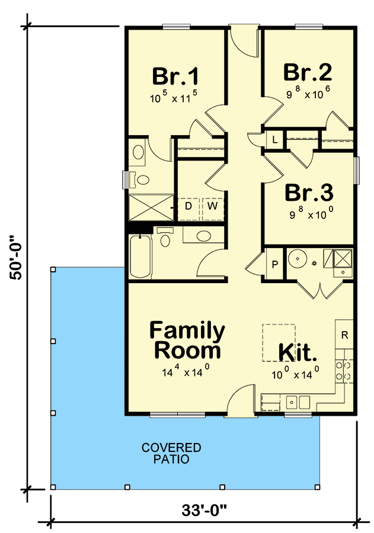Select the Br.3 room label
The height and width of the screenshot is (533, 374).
coord(308,193)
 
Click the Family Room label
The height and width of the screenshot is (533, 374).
coord(187,340)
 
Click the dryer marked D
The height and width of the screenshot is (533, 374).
coord(188,206)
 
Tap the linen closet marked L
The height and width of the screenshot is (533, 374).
coord(275,140)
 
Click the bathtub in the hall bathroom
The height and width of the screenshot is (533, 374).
coord(140,256)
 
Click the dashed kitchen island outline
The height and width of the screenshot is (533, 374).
coord(279,342)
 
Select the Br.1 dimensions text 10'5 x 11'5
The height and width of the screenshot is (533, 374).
coord(175,99)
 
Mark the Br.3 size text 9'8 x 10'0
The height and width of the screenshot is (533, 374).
coord(309,215)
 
